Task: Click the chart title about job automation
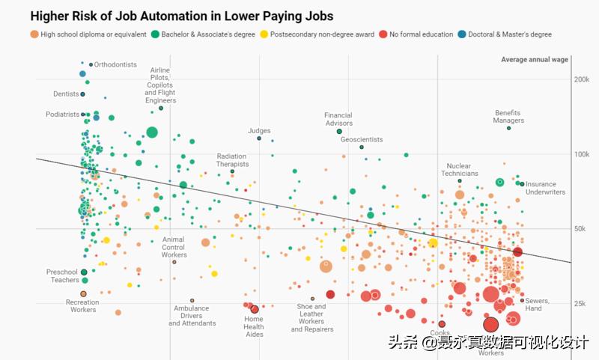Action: click(x=181, y=16)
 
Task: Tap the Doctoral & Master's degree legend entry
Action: click(x=509, y=34)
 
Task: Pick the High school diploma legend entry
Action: click(x=88, y=34)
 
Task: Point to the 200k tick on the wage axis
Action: click(x=582, y=79)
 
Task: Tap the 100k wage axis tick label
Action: click(x=582, y=154)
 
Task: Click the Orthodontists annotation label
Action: click(x=117, y=64)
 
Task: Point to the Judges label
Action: click(x=259, y=131)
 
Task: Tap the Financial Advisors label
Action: click(x=338, y=120)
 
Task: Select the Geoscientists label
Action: click(x=362, y=140)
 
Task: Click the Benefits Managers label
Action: click(x=509, y=117)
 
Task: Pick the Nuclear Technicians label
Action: click(x=459, y=170)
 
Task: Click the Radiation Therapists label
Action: click(x=232, y=160)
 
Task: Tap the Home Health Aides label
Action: click(x=254, y=326)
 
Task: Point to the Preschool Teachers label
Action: click(x=62, y=276)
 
